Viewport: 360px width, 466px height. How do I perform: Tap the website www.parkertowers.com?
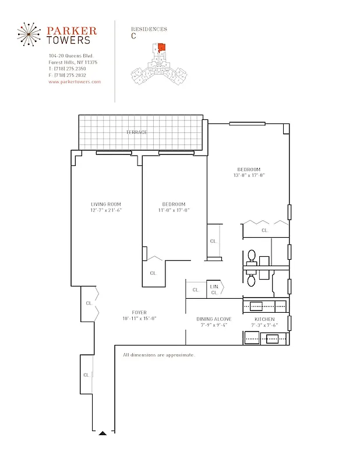click(75, 82)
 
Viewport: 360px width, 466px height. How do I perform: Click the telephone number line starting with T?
click(67, 69)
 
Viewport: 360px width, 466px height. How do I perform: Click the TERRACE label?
click(136, 132)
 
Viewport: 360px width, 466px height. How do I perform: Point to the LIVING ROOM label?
click(105, 204)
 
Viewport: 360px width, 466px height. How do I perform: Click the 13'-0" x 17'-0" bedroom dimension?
click(249, 175)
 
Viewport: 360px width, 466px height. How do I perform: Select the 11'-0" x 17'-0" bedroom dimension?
click(175, 210)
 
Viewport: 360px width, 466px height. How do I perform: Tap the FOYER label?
click(139, 312)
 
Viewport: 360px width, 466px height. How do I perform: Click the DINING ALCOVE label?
click(214, 319)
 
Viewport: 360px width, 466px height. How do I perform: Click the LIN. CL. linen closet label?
click(214, 290)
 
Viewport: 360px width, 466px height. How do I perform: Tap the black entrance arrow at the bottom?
click(103, 433)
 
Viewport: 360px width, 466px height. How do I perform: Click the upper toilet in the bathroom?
click(252, 256)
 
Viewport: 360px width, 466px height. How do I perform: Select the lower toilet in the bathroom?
click(252, 281)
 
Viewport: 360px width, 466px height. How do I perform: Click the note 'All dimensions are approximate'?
click(158, 355)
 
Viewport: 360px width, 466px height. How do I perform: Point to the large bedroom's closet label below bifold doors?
click(264, 231)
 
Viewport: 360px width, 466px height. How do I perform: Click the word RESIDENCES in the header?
click(149, 29)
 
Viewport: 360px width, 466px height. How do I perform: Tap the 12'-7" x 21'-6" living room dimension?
click(105, 210)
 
